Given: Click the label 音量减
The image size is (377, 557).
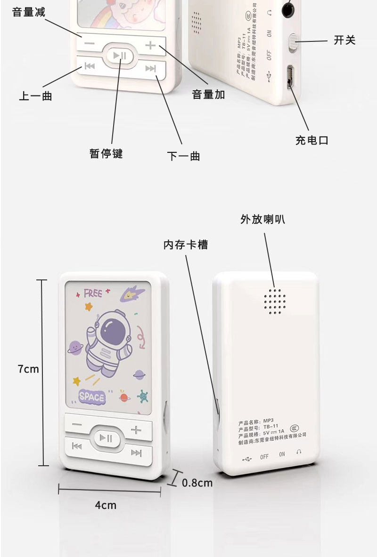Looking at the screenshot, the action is pos(29,12).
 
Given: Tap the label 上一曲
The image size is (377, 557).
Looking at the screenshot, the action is pos(35,96).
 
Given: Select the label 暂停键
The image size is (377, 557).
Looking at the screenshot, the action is pos(106,153).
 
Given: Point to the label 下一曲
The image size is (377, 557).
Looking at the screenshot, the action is pos(184,156).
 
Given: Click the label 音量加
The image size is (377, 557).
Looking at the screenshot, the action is pos(208,95).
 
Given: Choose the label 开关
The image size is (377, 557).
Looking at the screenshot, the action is pos(344,40).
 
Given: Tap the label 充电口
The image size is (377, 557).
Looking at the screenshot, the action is pos(312,140).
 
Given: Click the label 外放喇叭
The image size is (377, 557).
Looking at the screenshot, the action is pos(262,219).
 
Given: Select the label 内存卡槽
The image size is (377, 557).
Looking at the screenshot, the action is pos(186,245).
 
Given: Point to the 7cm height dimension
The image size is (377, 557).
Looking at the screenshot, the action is pos(28,369).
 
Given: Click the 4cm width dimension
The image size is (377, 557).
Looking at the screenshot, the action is pos(106,505).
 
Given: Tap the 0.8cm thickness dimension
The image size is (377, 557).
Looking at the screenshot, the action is pos(197,483).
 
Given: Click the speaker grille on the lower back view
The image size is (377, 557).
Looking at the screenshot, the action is pos(275,301).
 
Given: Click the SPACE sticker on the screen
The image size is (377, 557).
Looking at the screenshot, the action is pos(92,397).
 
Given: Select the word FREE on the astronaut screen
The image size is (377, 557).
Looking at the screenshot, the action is pos(93,294).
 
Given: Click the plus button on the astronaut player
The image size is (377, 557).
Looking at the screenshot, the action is pos(136,430).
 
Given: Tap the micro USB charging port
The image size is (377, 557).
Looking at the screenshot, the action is pos(290,76).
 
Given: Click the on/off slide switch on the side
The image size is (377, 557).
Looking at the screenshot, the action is pos(293,42).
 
